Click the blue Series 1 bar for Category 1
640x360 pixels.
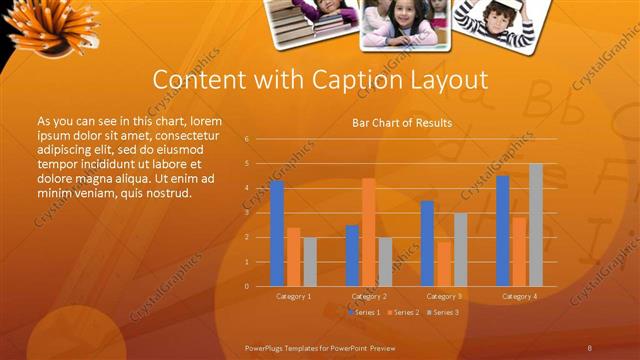pos(277,233)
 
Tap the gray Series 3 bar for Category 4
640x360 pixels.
pos(536,225)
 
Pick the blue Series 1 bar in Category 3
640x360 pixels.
pos(427,243)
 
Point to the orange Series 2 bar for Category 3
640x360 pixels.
pos(443,264)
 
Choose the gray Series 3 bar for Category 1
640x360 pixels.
pos(310,262)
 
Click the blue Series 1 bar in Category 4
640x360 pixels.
pos(502,231)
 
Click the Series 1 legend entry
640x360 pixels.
pos(364,313)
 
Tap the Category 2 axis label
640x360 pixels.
pos(368,297)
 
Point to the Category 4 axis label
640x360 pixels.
pos(518,297)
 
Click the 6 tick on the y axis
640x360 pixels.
pos(247,139)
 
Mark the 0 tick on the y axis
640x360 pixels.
pos(247,286)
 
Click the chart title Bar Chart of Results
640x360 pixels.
pos(402,123)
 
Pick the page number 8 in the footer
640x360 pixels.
pos(590,347)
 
